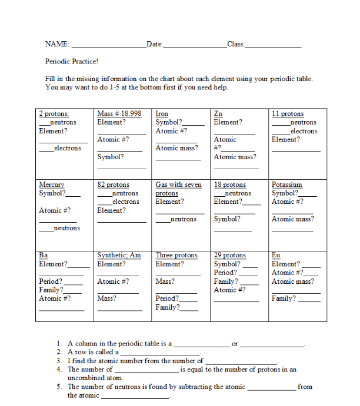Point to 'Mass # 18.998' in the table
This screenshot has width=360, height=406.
[x=119, y=113]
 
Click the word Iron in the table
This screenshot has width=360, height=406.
[x=162, y=113]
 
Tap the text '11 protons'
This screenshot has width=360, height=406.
[x=288, y=113]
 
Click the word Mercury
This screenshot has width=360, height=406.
[x=51, y=184]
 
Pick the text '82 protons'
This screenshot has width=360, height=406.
[x=113, y=184]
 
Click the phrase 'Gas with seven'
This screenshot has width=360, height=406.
[x=178, y=184]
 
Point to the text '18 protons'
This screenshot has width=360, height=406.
[x=230, y=184]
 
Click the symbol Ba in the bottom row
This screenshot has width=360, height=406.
[x=43, y=256]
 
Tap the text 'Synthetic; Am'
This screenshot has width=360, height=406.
[x=119, y=256]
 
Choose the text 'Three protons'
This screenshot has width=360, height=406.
[x=176, y=256]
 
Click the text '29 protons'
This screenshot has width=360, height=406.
[x=230, y=256]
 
